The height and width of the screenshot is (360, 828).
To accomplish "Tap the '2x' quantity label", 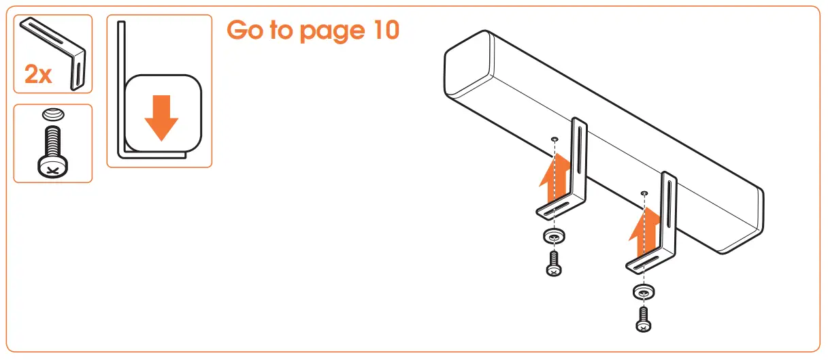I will pos(38,75).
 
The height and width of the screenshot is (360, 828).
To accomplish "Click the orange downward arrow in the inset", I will pos(161,117).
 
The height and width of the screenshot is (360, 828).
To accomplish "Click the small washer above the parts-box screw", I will pos(52,114).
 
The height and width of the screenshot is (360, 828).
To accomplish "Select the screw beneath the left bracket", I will pos(554,264).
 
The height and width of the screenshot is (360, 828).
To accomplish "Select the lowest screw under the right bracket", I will pos(643,318).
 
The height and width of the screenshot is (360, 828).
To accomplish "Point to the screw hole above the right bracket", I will pos(644,193).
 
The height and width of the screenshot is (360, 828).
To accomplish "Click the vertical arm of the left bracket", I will pos(580,157).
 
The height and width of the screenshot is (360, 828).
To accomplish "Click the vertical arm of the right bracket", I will pos(668,211).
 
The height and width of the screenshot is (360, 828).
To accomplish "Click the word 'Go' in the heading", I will pos(246,30).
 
